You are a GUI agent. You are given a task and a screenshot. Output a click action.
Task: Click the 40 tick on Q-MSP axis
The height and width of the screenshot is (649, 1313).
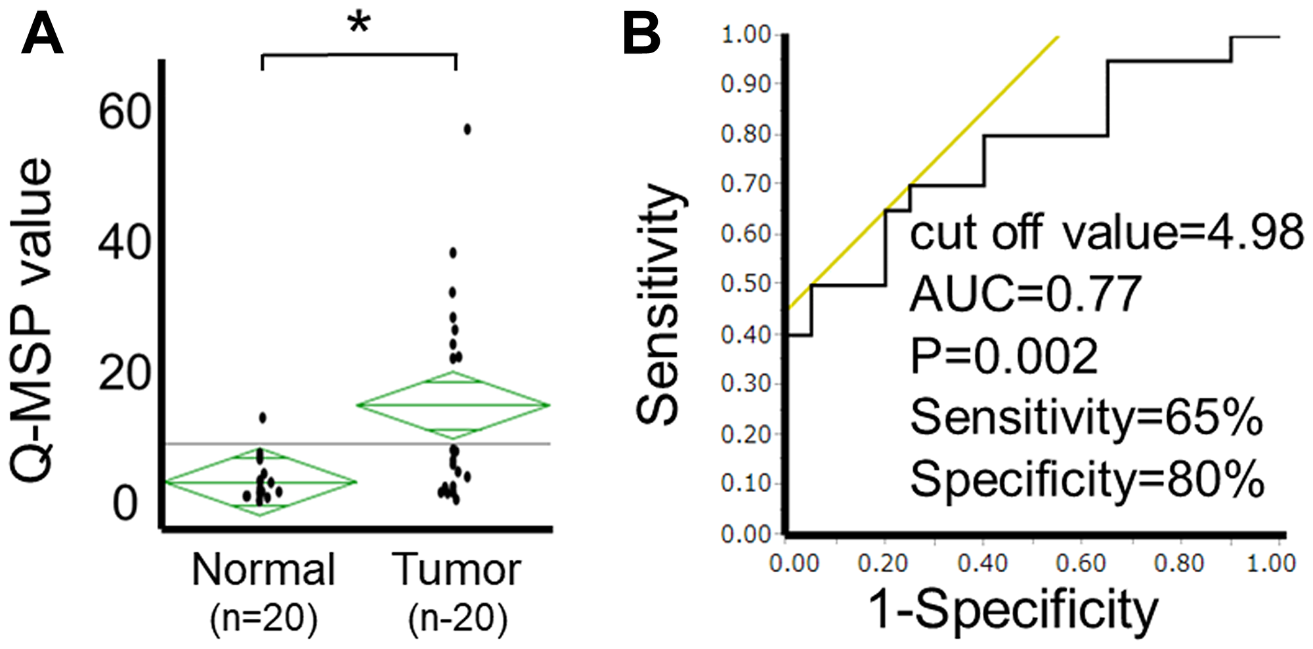pos(125,242)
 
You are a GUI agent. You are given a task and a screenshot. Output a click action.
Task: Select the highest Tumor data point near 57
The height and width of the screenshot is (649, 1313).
pos(467,129)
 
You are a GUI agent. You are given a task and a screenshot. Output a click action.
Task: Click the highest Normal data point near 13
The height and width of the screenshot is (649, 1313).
pos(263,417)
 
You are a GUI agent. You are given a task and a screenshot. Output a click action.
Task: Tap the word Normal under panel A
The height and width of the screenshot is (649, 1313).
pos(263,569)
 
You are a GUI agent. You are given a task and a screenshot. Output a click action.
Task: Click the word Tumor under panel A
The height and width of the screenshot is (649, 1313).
pos(457,569)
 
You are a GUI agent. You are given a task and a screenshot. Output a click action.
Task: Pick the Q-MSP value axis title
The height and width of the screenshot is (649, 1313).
pos(31,322)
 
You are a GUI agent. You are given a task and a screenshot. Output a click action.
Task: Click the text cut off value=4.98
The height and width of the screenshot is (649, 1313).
pos(1106,232)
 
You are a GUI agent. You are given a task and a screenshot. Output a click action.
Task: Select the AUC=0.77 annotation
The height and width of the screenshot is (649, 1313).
pos(1025,294)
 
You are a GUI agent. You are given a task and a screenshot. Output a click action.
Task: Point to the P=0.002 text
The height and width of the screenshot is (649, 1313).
pos(1004,356)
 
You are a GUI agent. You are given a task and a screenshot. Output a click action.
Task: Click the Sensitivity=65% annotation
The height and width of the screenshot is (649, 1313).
pos(1087,417)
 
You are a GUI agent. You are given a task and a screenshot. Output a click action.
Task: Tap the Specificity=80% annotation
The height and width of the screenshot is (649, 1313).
pos(1087,479)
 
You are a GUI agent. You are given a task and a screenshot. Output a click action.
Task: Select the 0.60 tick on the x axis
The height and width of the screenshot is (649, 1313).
pos(1081,563)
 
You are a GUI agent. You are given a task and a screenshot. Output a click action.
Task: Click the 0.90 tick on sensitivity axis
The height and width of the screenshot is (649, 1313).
pos(745,84)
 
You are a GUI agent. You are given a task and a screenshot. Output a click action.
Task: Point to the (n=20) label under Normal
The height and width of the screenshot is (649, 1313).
pos(263,618)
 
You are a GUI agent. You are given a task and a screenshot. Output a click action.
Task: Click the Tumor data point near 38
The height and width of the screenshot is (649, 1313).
pos(452,253)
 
